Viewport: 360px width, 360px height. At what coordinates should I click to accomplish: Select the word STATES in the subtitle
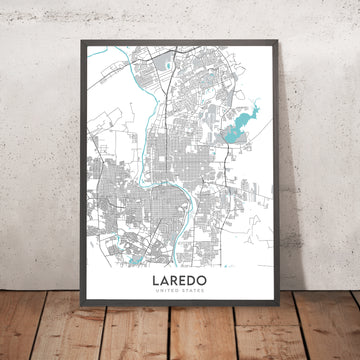click(189, 294)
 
